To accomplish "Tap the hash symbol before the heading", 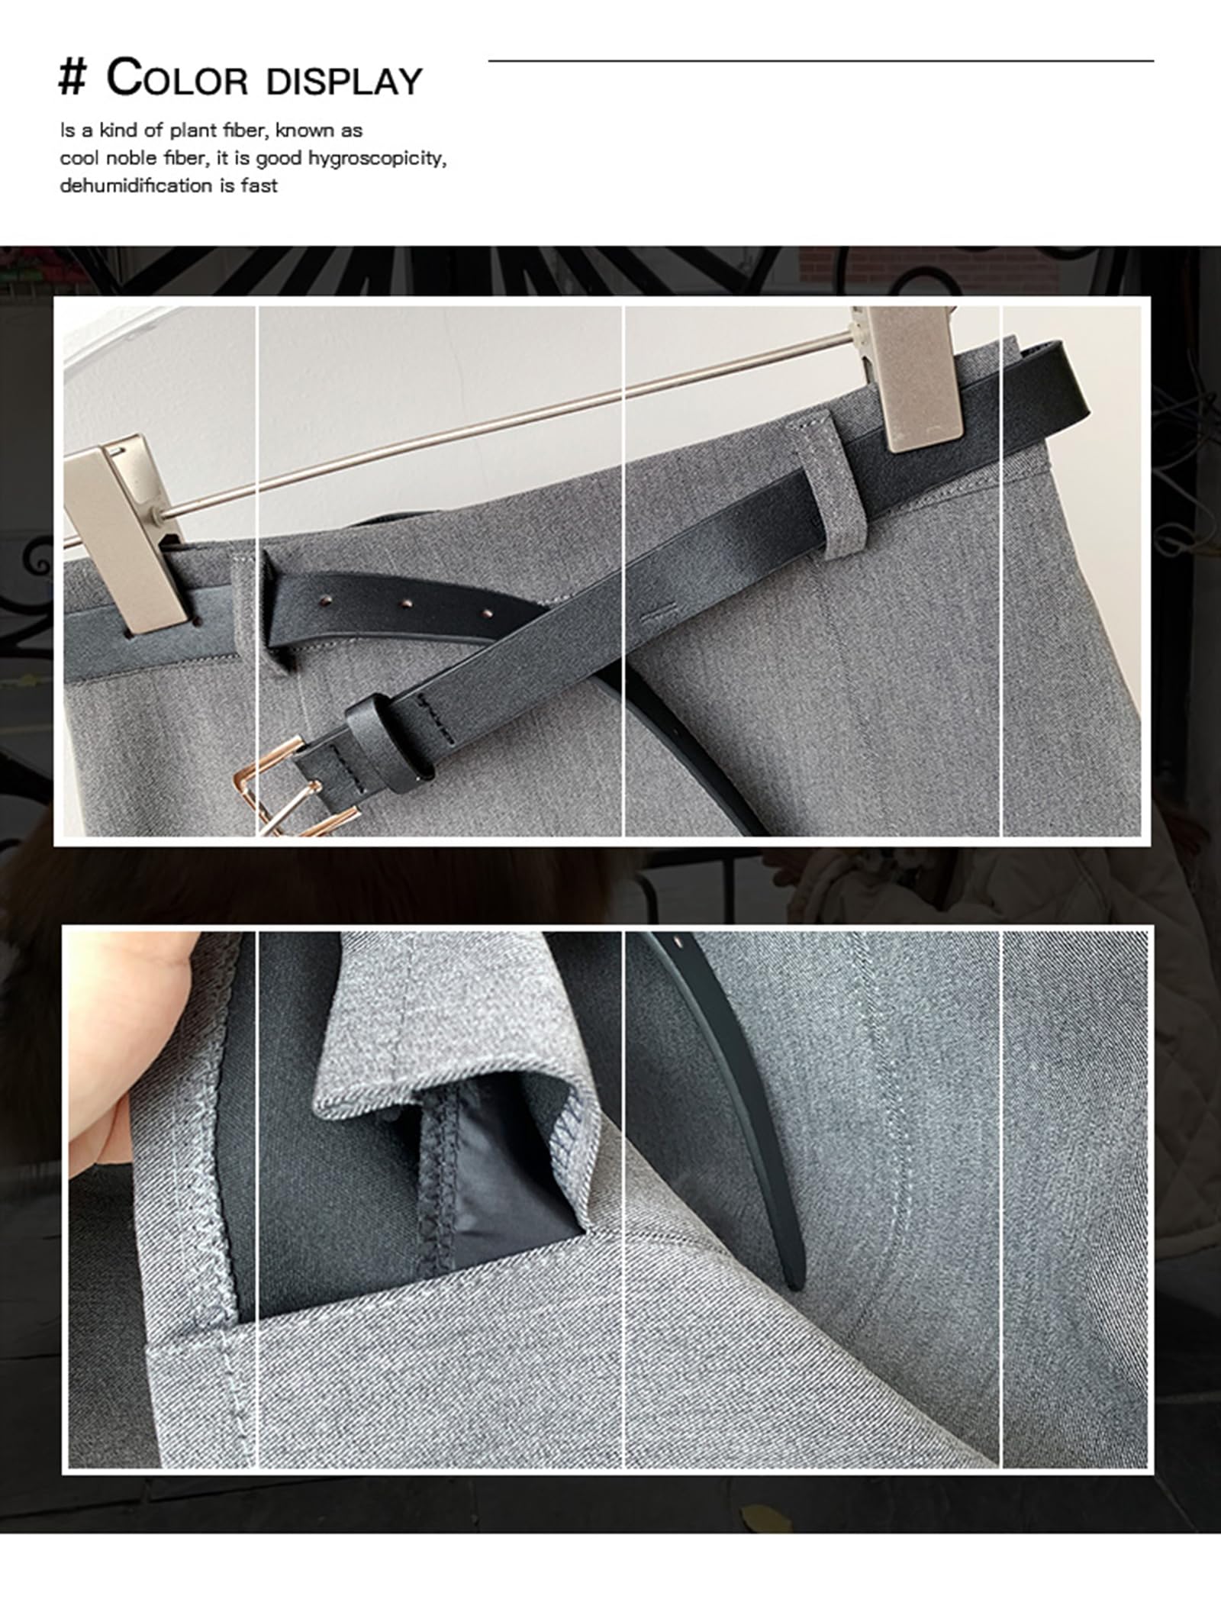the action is click(72, 80).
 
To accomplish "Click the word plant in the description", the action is click(193, 131).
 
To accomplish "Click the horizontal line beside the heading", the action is click(821, 60).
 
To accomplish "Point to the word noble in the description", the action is click(133, 159).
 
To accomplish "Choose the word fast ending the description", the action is click(259, 185).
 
